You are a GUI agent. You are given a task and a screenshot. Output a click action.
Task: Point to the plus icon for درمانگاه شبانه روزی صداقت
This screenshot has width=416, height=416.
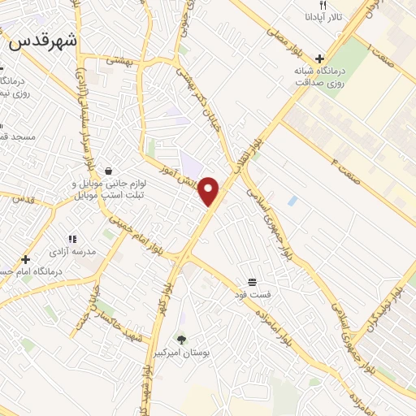tap(321, 58)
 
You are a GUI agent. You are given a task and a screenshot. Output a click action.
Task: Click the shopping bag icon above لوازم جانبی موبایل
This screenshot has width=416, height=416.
tap(108, 171)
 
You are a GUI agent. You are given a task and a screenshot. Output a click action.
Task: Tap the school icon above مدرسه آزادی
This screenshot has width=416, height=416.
tap(72, 240)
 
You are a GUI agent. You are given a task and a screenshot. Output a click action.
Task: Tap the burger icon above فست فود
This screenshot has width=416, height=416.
tap(253, 280)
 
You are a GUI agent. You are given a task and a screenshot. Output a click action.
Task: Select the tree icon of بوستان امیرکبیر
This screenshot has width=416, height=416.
tap(181, 340)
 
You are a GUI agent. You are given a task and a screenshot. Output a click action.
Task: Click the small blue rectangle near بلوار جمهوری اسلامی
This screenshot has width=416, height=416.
tap(292, 200)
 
